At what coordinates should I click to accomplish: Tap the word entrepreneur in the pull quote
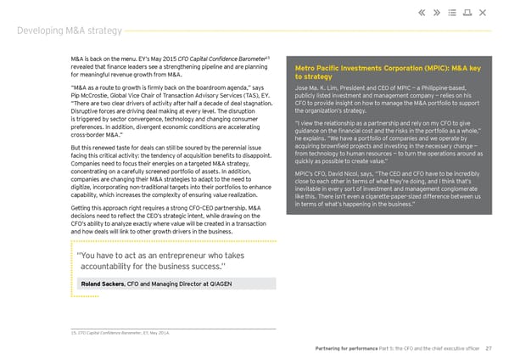pyautogui.click(x=181, y=256)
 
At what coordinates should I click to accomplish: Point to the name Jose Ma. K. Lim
pyautogui.click(x=319, y=88)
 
